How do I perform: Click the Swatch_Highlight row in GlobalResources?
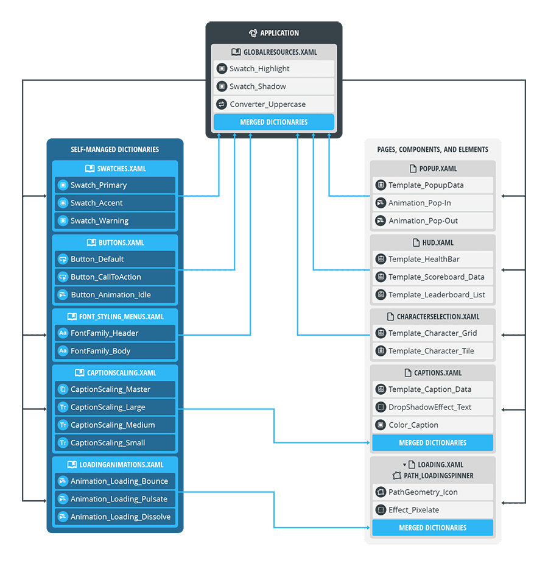(273, 69)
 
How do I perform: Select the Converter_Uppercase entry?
(273, 104)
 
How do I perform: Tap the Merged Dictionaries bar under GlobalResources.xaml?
(273, 122)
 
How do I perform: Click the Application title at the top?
(274, 33)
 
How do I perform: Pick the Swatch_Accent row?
(115, 203)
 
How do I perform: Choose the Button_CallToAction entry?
(115, 277)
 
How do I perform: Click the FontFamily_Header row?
(115, 333)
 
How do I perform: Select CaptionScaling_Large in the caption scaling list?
(115, 407)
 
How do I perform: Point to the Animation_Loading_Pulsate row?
(115, 499)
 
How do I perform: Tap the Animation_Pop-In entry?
(432, 203)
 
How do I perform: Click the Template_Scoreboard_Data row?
(432, 277)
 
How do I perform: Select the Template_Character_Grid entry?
(432, 333)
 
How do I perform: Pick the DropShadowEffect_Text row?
(432, 407)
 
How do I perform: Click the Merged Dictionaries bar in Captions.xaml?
(432, 443)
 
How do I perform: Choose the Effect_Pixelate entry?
(432, 510)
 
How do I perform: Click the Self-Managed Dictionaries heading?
(114, 149)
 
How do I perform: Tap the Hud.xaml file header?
(432, 242)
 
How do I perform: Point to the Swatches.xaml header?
(115, 169)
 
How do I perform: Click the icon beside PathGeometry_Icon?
(381, 492)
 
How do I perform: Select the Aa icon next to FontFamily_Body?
(63, 351)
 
